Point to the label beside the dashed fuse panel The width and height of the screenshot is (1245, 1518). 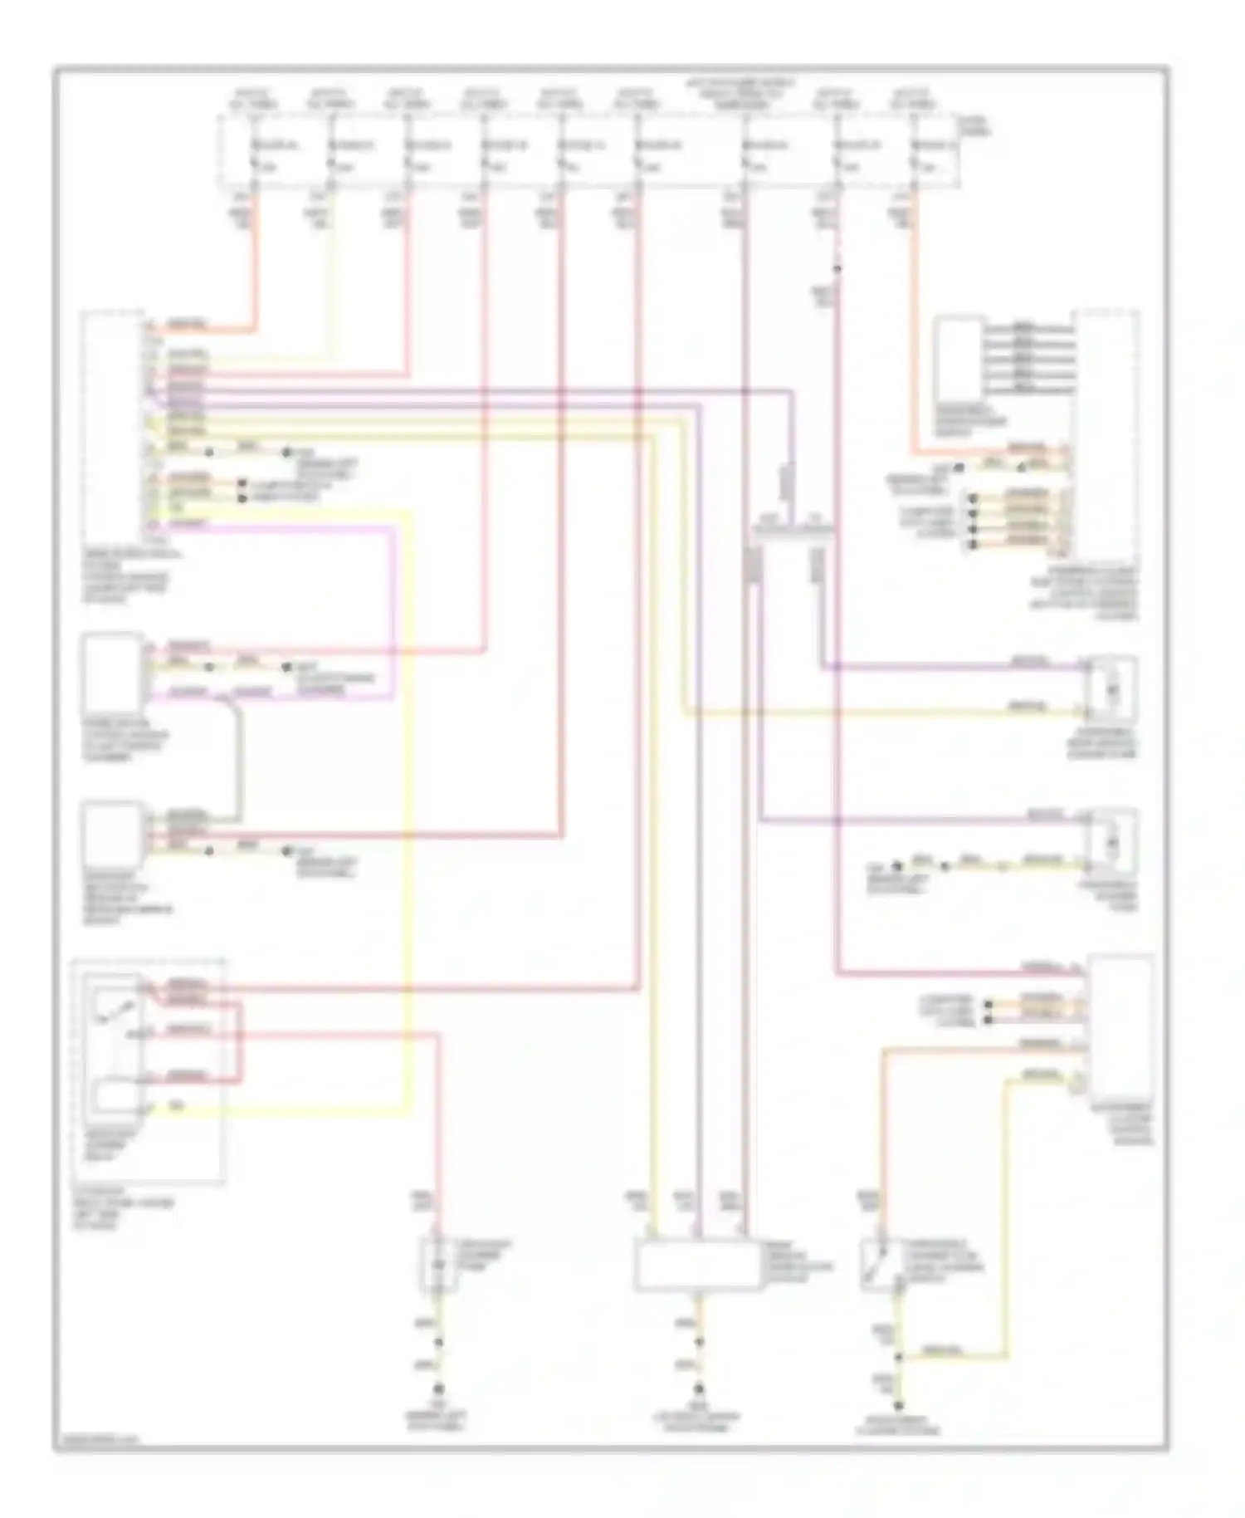click(x=974, y=126)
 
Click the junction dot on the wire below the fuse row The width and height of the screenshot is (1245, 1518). click(x=837, y=269)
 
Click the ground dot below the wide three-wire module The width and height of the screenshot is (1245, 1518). click(x=700, y=1388)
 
